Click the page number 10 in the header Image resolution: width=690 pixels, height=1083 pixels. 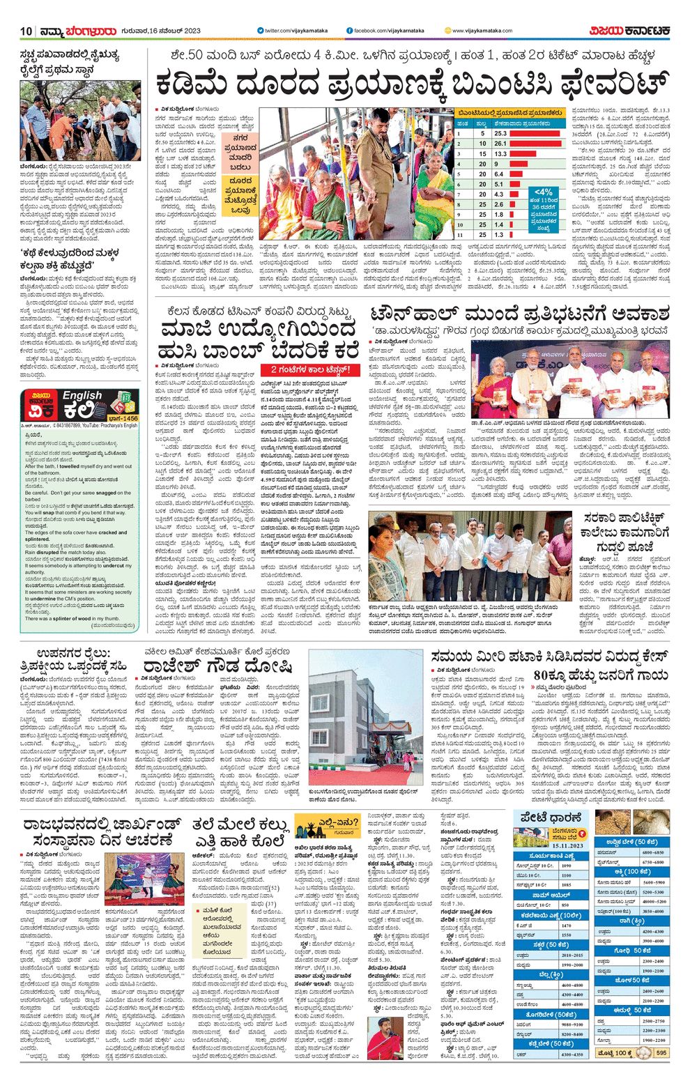coord(26,31)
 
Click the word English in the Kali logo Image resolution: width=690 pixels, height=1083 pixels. coord(82,396)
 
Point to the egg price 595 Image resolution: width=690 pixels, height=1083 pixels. coord(661,1052)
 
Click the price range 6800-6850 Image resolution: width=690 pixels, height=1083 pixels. coord(653,852)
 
